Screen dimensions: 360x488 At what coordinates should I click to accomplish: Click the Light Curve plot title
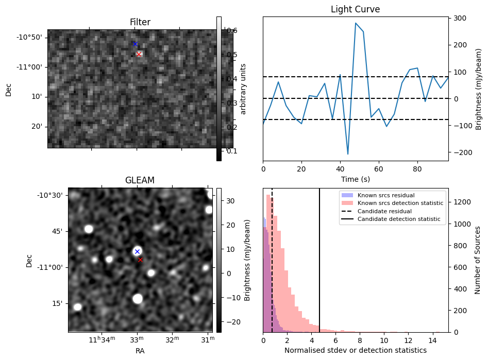355,10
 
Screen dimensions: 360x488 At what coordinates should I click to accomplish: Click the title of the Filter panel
140,22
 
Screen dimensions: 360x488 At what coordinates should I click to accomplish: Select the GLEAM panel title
140,180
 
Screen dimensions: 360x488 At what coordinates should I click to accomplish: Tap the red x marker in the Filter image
139,54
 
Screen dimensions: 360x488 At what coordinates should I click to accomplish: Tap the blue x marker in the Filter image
135,44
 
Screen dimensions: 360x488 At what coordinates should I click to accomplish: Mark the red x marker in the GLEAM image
140,260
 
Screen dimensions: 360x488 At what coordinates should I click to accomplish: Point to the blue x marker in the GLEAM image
137,251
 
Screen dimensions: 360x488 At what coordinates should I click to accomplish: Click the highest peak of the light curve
356,23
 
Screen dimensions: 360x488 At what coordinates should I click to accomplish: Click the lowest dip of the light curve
348,154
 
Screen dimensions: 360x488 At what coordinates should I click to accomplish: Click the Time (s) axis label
355,179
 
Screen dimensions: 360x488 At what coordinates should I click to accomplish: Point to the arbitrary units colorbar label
244,89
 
